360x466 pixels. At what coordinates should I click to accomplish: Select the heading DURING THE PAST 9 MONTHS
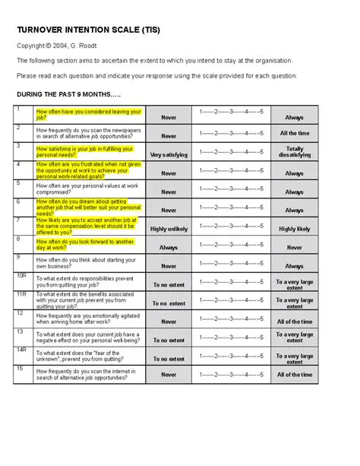click(x=68, y=94)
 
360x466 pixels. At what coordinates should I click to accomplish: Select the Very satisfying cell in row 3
click(x=168, y=154)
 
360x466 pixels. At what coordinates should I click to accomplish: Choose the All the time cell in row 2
click(x=294, y=133)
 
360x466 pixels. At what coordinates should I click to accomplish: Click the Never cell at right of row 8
click(x=294, y=247)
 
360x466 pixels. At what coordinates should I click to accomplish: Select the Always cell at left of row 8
click(x=168, y=247)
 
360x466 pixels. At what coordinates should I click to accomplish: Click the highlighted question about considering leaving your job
click(x=89, y=115)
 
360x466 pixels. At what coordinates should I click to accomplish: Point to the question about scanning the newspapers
click(x=89, y=133)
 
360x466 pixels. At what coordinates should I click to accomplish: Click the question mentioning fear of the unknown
click(x=89, y=355)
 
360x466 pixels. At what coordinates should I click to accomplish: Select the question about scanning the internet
click(x=89, y=374)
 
